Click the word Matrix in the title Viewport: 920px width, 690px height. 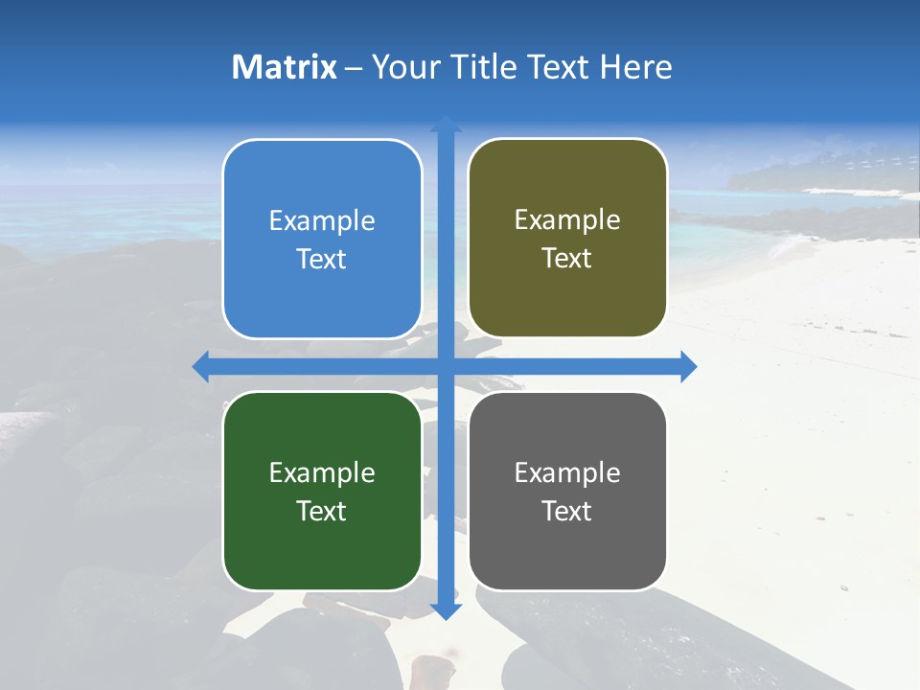[284, 67]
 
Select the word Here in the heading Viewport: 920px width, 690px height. [636, 67]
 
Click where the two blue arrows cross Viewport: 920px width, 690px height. [446, 366]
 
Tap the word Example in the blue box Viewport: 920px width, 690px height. [322, 221]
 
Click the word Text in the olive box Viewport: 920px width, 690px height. [567, 259]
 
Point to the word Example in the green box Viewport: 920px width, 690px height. [322, 472]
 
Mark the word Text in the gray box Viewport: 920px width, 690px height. [567, 511]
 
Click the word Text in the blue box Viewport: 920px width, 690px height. [322, 259]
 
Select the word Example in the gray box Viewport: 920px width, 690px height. [567, 472]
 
